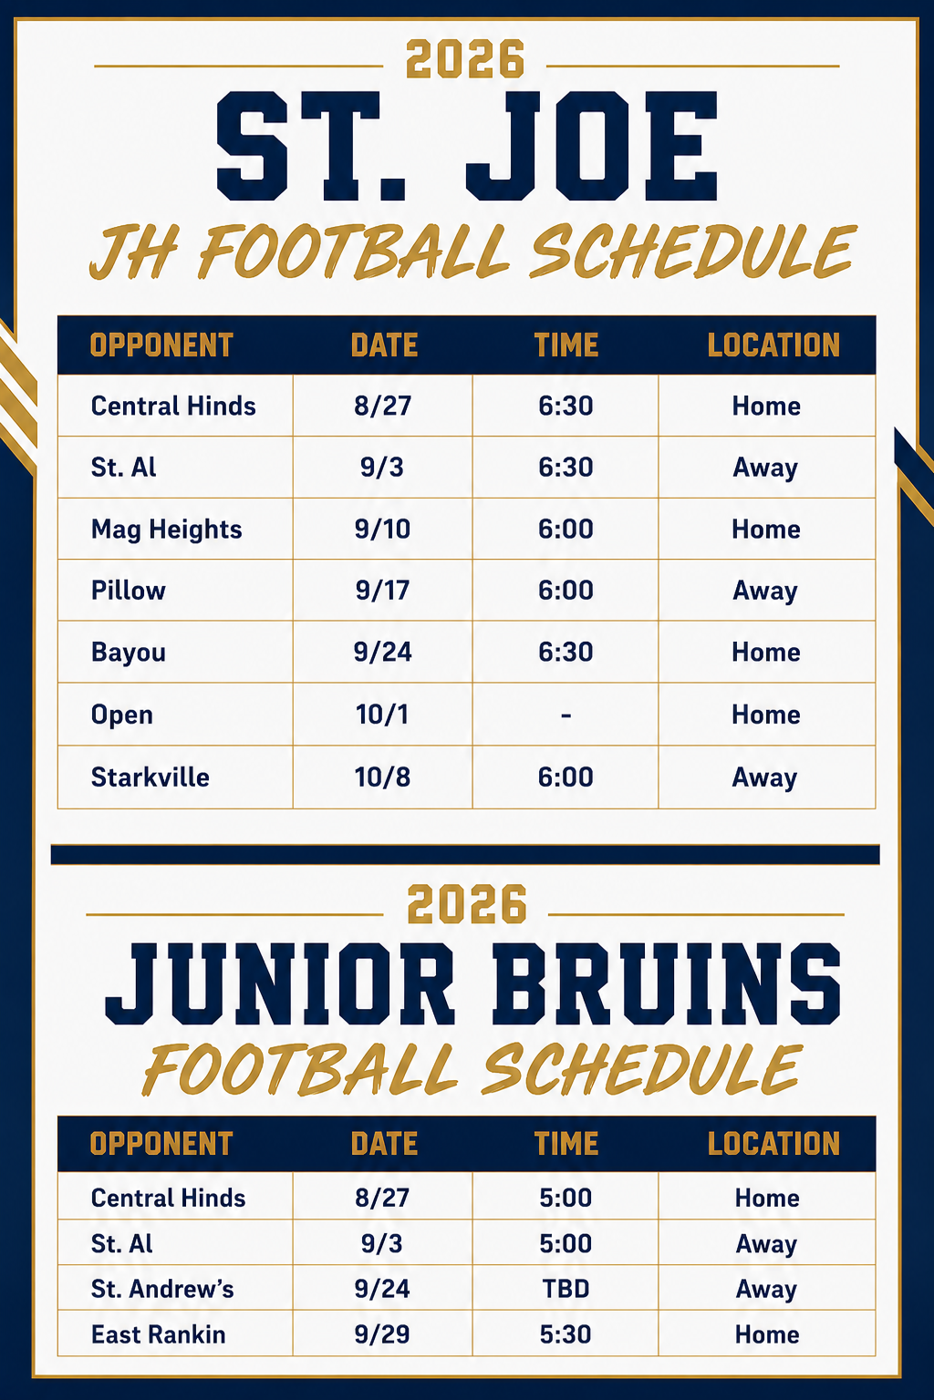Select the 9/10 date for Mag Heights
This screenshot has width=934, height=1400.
[x=382, y=529]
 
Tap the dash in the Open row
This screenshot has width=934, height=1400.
[x=566, y=715]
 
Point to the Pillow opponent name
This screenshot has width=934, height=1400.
[x=129, y=590]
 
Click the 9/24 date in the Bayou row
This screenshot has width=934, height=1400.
[x=382, y=652]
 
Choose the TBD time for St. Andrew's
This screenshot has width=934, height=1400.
[x=566, y=1289]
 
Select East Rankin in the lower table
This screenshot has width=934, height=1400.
[x=159, y=1334]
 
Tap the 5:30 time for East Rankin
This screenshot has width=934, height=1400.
[x=566, y=1334]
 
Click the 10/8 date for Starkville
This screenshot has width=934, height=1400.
[x=382, y=777]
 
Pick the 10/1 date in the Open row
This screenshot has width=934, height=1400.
[x=382, y=715]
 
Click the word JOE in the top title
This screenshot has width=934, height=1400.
[x=592, y=146]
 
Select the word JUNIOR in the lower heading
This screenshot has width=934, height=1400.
[x=279, y=985]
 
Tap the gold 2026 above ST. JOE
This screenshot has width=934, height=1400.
[x=465, y=59]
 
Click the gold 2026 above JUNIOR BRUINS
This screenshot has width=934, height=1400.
[x=467, y=904]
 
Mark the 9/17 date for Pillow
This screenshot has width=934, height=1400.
[x=382, y=590]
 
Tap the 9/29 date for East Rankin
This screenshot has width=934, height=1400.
[x=382, y=1334]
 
